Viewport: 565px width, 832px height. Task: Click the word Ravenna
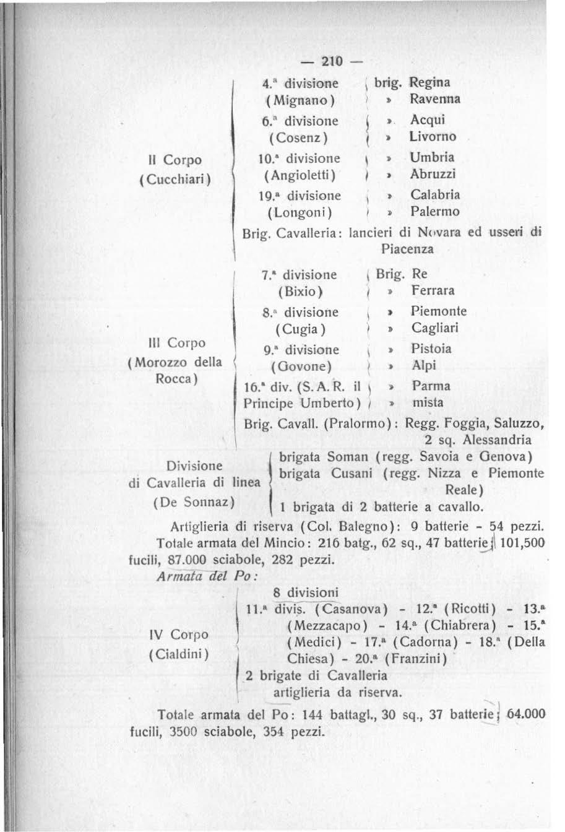pyautogui.click(x=435, y=99)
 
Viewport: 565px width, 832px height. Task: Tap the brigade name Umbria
pyautogui.click(x=432, y=157)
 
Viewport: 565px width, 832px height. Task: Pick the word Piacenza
pyautogui.click(x=407, y=249)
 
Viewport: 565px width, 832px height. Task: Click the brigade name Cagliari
pyautogui.click(x=435, y=328)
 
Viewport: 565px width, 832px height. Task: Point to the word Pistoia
pyautogui.click(x=431, y=349)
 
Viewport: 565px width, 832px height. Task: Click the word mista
pyautogui.click(x=428, y=402)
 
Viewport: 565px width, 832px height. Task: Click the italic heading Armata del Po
pyautogui.click(x=204, y=573)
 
